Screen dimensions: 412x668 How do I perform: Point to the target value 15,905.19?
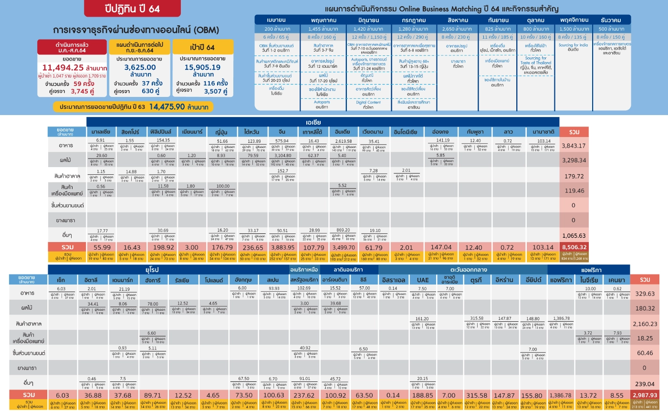(203, 67)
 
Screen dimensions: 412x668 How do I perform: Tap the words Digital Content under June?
(368, 102)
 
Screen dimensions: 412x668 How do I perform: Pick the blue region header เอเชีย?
(323, 122)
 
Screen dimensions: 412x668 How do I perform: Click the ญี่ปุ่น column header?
(222, 131)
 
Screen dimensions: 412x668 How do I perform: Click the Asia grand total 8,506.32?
(574, 247)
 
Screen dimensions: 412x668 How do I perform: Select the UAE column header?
(423, 280)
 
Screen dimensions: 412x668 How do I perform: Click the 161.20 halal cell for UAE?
(423, 318)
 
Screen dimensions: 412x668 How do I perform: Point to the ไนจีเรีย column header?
(590, 280)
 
